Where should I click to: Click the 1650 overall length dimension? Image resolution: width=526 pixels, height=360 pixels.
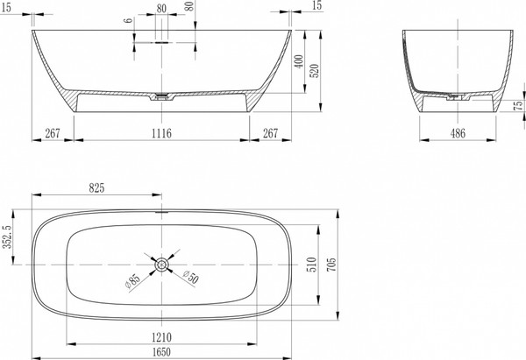point(161,352)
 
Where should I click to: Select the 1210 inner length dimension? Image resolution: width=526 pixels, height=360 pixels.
point(161,337)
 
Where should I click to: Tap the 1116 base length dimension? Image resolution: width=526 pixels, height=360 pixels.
point(161,133)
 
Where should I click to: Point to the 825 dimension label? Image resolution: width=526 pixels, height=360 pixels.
point(96,188)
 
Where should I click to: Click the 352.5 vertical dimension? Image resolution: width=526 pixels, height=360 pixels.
point(8,236)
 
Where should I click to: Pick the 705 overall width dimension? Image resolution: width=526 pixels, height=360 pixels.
point(331,265)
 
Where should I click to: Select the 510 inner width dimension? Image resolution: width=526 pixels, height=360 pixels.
point(311,265)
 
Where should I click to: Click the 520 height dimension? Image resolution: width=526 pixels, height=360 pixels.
point(316,71)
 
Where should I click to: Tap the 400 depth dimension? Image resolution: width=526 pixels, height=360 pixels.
point(299,61)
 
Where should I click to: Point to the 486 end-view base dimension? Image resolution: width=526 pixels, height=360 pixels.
point(458,133)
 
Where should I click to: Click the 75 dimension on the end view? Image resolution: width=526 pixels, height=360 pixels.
point(518,106)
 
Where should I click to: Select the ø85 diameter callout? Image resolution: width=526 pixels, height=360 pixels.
point(131,281)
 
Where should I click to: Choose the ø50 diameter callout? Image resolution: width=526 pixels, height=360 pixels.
point(191,277)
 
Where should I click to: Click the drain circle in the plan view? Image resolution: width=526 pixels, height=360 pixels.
point(161,265)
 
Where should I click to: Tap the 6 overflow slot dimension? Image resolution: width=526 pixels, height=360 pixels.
point(128,20)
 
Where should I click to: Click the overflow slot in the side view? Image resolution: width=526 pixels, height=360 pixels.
point(161,43)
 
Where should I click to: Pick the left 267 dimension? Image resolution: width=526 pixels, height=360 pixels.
point(53,133)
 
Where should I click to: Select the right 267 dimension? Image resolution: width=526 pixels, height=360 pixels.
point(270,133)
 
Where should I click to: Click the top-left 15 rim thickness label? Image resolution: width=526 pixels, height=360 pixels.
point(6,8)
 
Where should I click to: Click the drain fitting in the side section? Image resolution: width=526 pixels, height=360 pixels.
point(161,96)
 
